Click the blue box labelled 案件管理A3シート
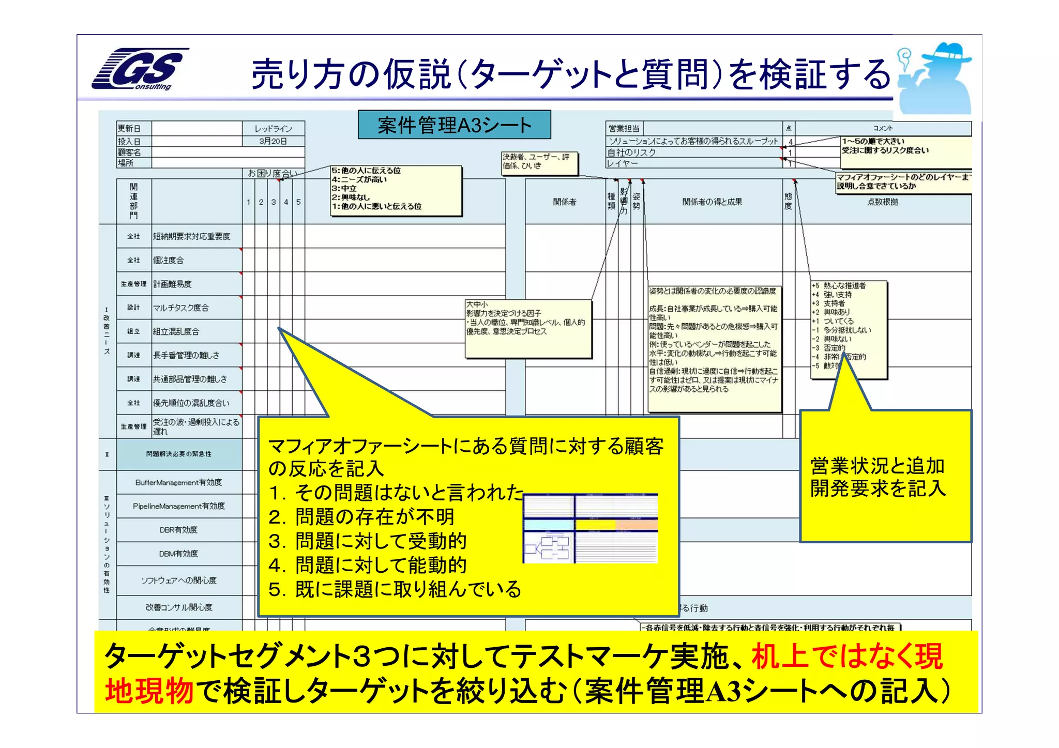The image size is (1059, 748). [454, 125]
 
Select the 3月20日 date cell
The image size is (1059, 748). [273, 141]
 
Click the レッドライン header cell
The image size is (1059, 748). [273, 128]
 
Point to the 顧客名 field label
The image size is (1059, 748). [129, 152]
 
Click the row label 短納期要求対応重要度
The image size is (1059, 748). [191, 236]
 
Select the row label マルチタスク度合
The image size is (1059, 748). [181, 308]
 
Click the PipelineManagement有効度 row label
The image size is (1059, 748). [179, 506]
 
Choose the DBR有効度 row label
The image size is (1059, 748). [179, 530]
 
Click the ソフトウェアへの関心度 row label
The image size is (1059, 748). [179, 581]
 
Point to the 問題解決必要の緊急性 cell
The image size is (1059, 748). [179, 454]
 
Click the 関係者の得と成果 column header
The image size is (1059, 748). [712, 202]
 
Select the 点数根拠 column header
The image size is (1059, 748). [883, 202]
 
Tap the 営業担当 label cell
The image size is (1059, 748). [624, 128]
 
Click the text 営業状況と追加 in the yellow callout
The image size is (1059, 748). [878, 466]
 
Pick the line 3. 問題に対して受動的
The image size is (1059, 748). [368, 541]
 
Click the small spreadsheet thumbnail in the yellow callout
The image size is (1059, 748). [590, 528]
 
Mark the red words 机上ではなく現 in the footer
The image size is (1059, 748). [847, 657]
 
